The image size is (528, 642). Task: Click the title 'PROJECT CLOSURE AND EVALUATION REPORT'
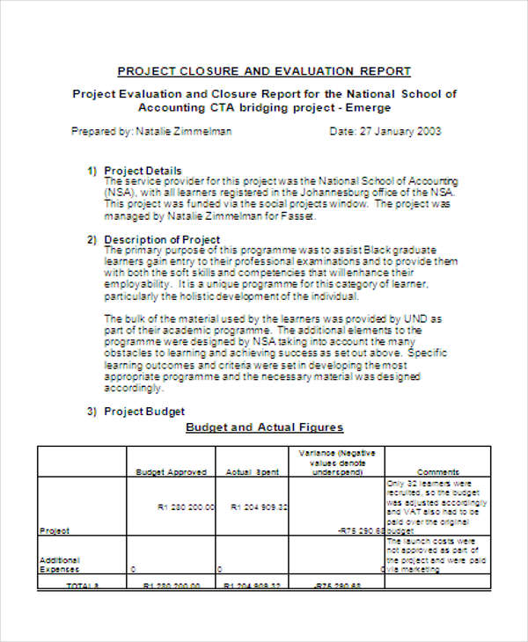point(264,71)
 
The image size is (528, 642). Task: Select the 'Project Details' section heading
point(143,171)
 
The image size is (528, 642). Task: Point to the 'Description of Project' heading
point(162,239)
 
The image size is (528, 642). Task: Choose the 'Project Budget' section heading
point(144,411)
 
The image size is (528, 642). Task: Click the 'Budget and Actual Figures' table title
point(264,428)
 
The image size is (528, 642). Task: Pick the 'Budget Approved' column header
point(171,472)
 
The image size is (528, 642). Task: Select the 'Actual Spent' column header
point(253,472)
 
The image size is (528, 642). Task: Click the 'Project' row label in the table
point(55,531)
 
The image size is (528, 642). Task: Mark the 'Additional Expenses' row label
point(60,565)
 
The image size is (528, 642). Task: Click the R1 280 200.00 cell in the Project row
point(186,507)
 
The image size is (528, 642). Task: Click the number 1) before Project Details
point(92,171)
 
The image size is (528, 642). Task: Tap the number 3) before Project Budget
point(92,411)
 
